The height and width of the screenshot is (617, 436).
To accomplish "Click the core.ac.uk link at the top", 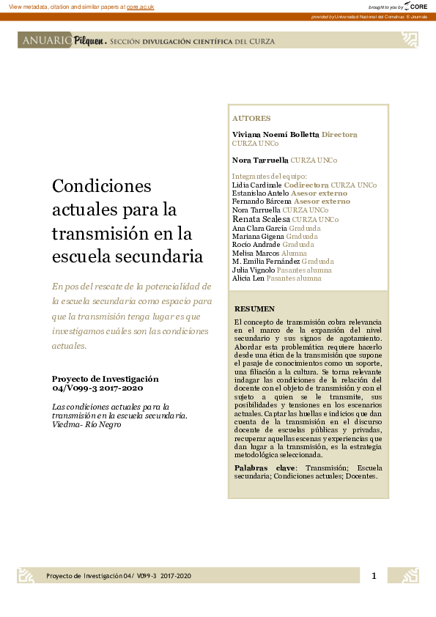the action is tap(140, 7).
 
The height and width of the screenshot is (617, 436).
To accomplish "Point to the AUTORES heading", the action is tap(251, 118).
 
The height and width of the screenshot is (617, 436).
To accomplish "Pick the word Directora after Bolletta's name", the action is tap(339, 135).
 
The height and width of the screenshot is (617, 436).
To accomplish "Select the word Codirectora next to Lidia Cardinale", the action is tap(306, 185).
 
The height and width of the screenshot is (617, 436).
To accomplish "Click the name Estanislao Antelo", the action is tap(260, 193).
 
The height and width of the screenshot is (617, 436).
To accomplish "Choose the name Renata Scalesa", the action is tap(261, 218).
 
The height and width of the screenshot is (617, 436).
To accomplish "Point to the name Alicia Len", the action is tap(248, 278).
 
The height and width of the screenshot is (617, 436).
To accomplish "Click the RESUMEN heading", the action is tap(254, 308).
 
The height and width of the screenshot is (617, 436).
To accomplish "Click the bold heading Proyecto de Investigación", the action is tap(105, 379).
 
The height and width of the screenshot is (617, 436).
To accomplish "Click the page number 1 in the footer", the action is tap(374, 576).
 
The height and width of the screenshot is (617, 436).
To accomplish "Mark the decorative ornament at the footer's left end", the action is tap(26, 576).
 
